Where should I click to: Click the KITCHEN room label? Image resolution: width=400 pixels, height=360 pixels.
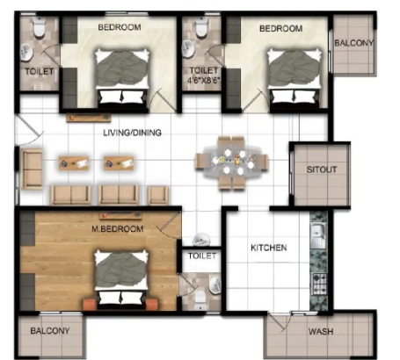point(269,248)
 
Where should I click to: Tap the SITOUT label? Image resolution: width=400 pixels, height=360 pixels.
point(322,169)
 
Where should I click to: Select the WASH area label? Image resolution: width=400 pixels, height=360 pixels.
point(321,332)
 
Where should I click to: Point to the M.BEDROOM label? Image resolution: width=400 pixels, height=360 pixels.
point(118,228)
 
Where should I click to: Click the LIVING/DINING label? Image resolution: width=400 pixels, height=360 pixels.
point(132,133)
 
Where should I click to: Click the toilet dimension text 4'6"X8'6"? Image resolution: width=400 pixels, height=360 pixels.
point(204,80)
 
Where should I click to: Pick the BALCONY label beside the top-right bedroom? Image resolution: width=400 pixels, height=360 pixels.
point(354,43)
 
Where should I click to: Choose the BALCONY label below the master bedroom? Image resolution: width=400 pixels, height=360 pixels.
point(50,331)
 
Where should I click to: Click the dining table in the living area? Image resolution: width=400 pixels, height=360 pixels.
point(232,162)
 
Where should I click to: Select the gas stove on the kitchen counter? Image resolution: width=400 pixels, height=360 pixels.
point(319,284)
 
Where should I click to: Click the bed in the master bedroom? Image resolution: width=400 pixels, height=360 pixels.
point(121,280)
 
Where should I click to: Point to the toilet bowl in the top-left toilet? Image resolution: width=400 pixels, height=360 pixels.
point(39,27)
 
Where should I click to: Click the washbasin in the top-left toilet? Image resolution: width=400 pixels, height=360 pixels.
point(26,53)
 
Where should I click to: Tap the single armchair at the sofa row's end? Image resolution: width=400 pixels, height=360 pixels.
point(158,195)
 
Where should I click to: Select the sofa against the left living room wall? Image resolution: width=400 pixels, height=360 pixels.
point(32,169)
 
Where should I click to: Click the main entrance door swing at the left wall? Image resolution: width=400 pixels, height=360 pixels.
point(29,129)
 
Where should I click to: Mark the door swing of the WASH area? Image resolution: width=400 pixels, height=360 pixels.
point(280,322)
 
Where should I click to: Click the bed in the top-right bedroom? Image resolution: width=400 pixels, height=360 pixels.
point(295,77)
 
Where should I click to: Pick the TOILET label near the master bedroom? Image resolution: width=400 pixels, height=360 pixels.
point(202,256)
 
